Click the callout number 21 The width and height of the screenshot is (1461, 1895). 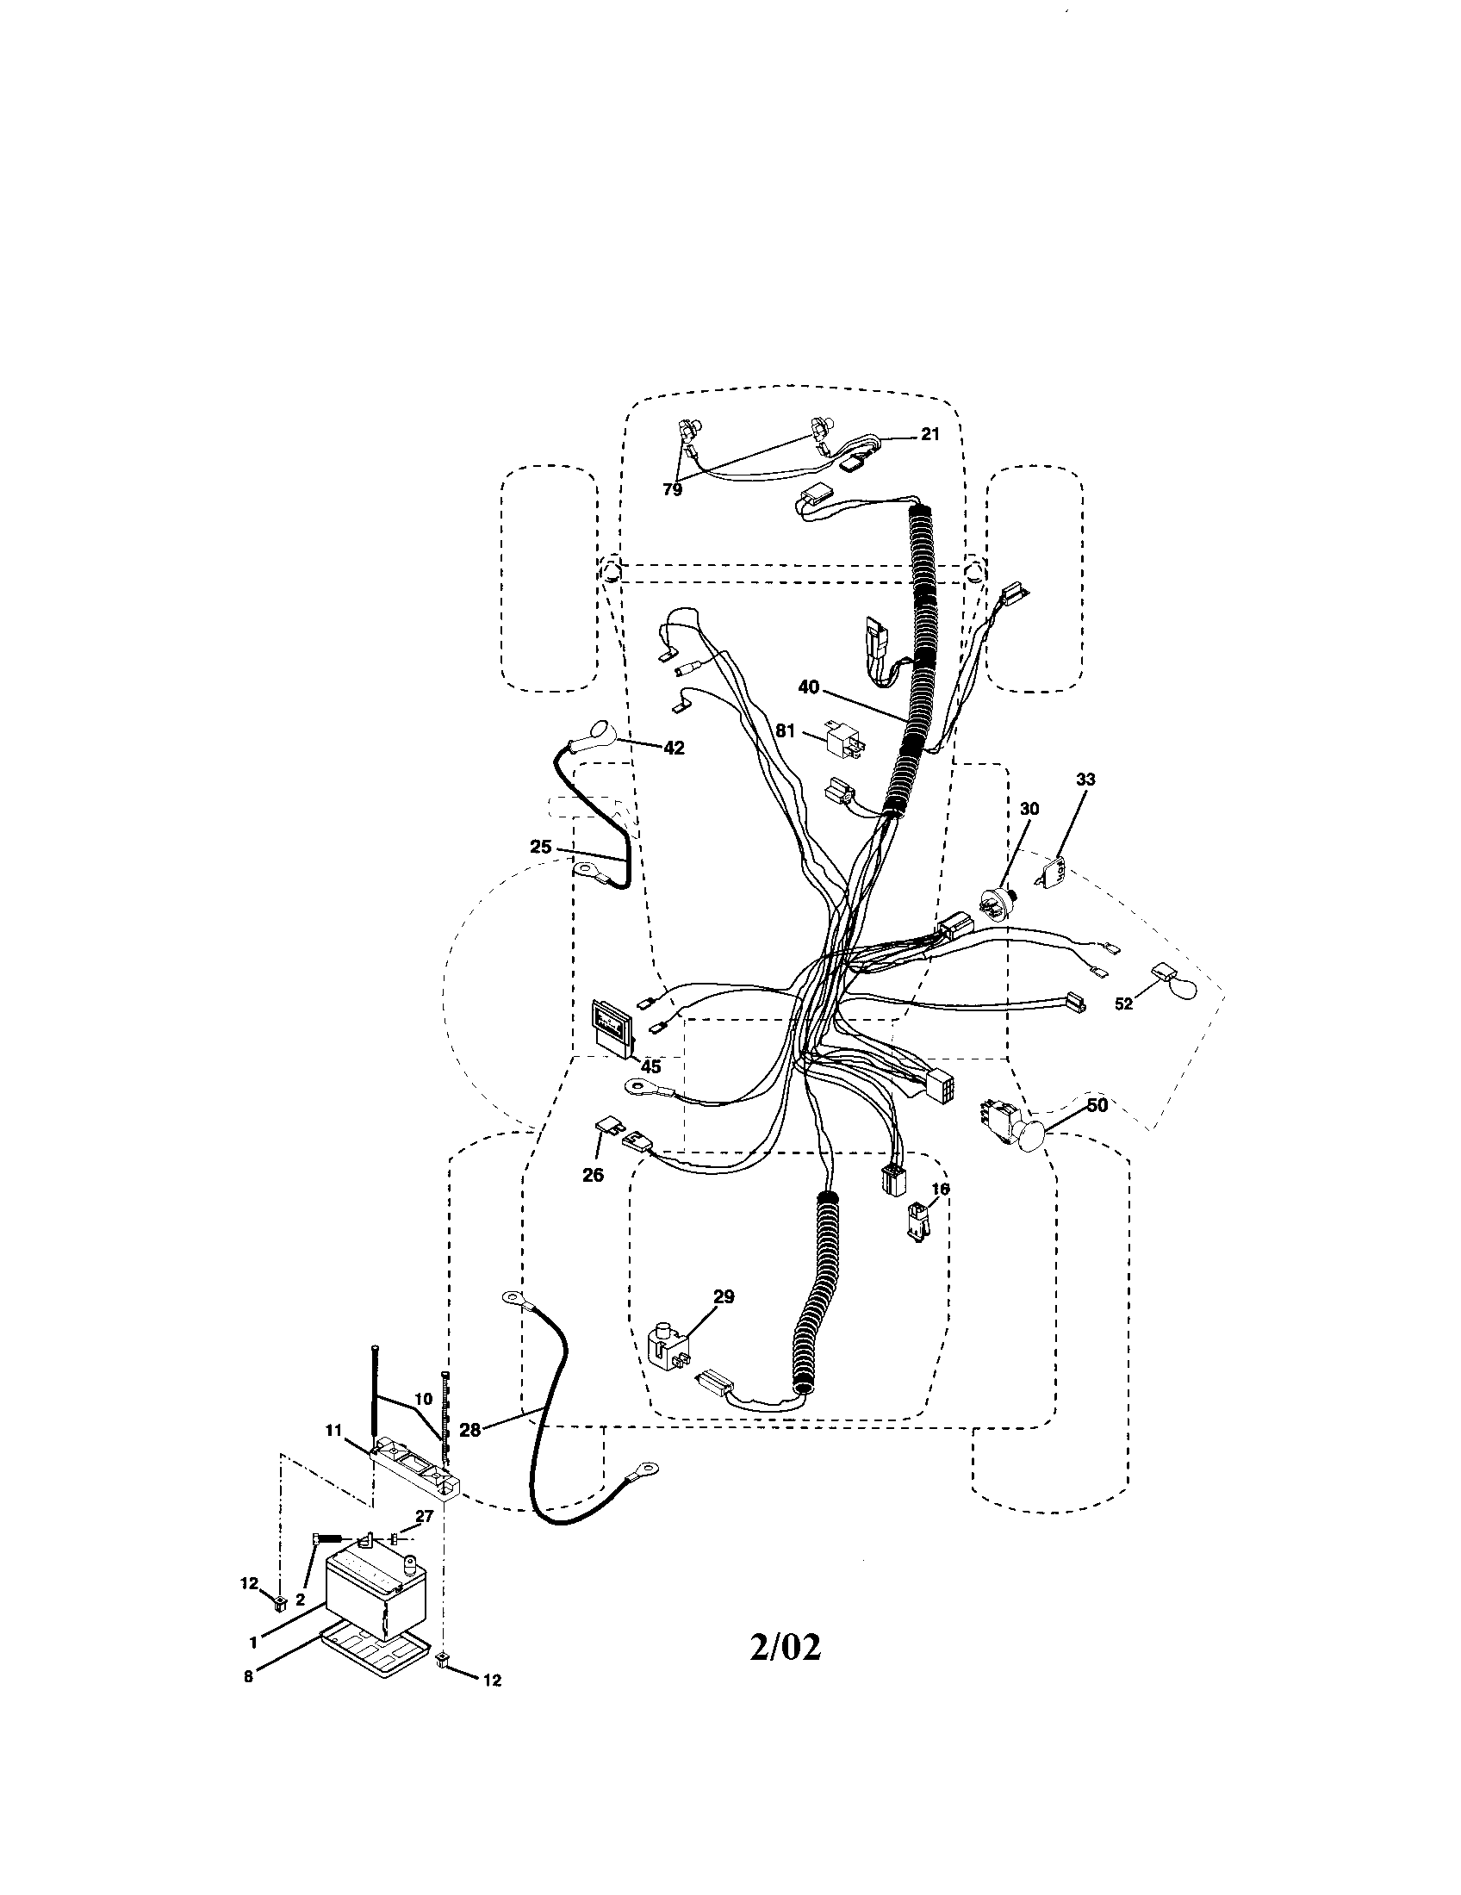929,435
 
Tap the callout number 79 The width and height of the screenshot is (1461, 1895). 673,489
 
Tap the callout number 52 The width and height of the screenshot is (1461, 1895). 1123,1003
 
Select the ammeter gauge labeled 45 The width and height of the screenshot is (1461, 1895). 612,1028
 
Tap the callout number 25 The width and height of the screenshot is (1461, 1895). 540,846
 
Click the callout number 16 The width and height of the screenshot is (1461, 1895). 941,1189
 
